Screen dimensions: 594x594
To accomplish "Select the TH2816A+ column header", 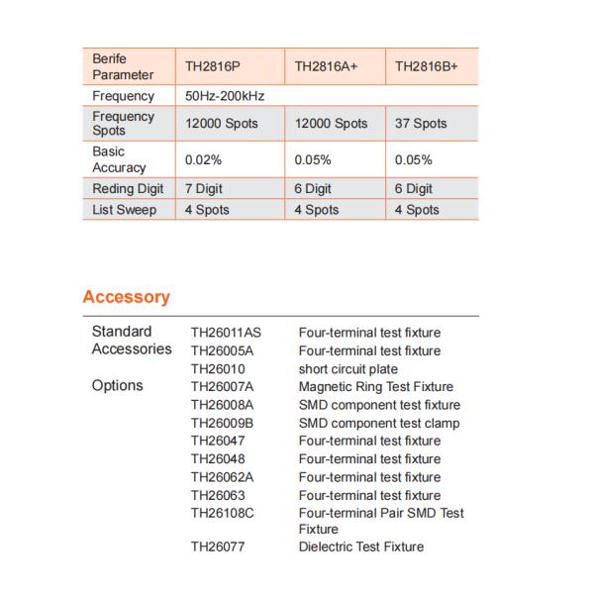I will (x=326, y=66).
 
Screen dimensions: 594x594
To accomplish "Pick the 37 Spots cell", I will (x=421, y=124).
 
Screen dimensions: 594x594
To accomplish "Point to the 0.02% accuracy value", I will (x=203, y=159).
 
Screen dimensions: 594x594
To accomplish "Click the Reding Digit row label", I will (x=127, y=188).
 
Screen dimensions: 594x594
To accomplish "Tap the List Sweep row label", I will (x=124, y=210).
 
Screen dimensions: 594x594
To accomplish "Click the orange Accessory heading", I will (x=126, y=297).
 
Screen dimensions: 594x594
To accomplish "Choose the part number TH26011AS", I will (x=226, y=333).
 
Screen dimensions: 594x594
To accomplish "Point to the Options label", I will (x=117, y=386).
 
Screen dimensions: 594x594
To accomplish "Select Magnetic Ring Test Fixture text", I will (x=375, y=386).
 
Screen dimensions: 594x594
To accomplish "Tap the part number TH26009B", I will (x=222, y=423).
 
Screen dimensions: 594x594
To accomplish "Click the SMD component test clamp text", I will (x=379, y=423).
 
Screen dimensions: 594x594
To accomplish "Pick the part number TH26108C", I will (x=223, y=513).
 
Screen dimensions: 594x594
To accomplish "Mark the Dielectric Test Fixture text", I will (x=360, y=546).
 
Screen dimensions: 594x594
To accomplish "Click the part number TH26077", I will (x=217, y=546).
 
